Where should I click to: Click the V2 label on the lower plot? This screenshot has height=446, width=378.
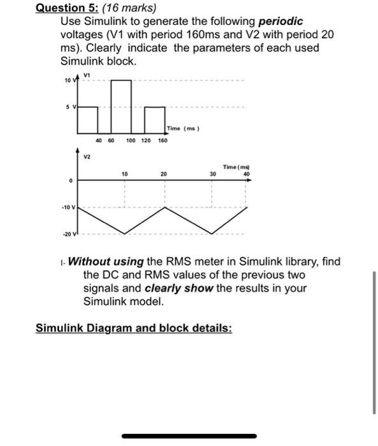coord(88,156)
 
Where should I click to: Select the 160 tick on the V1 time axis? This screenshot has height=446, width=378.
coord(163,140)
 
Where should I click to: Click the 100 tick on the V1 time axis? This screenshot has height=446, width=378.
coord(130,140)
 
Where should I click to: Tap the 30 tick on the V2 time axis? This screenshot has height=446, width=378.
coord(212,173)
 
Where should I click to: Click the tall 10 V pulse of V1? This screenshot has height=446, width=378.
coord(122,102)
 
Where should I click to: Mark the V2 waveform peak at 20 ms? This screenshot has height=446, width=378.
coord(164,208)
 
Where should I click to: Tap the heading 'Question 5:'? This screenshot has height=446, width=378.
coord(63,8)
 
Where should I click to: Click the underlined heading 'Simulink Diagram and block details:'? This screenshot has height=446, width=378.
coord(134,328)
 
